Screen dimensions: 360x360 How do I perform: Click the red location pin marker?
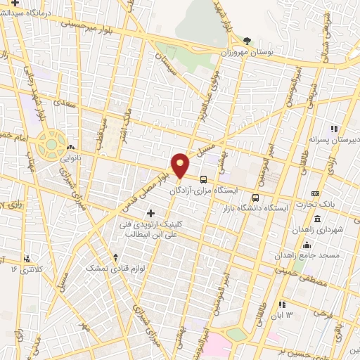click(181, 165)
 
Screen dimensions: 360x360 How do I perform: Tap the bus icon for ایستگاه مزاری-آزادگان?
click(203, 179)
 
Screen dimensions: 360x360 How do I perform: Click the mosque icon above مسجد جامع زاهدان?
click(307, 245)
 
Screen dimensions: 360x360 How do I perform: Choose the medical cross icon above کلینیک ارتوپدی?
click(150, 212)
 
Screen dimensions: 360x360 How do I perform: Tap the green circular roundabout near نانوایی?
click(51, 143)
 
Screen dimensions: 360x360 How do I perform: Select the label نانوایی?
click(70, 158)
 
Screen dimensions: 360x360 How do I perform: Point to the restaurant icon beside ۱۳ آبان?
click(282, 304)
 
